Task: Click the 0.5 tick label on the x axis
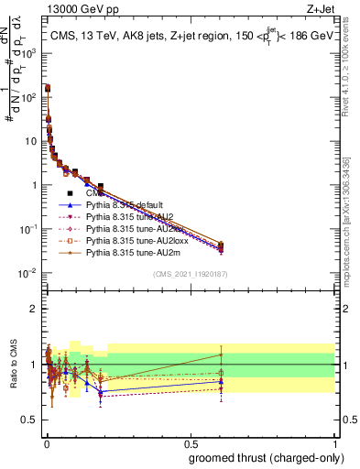pyautogui.click(x=191, y=442)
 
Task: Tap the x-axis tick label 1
pyautogui.click(x=334, y=442)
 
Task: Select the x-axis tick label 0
pyautogui.click(x=46, y=442)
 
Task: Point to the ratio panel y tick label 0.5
pyautogui.click(x=29, y=420)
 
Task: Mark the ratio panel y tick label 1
pyautogui.click(x=34, y=365)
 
